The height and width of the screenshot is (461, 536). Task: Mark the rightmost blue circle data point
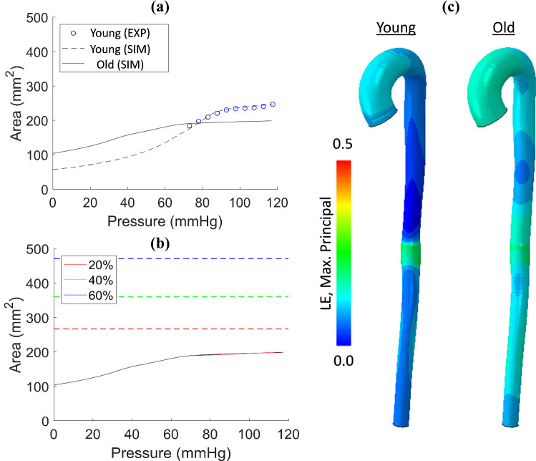[273, 105]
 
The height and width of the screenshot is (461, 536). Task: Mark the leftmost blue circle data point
[190, 126]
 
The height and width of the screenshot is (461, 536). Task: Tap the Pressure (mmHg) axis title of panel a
[170, 222]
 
